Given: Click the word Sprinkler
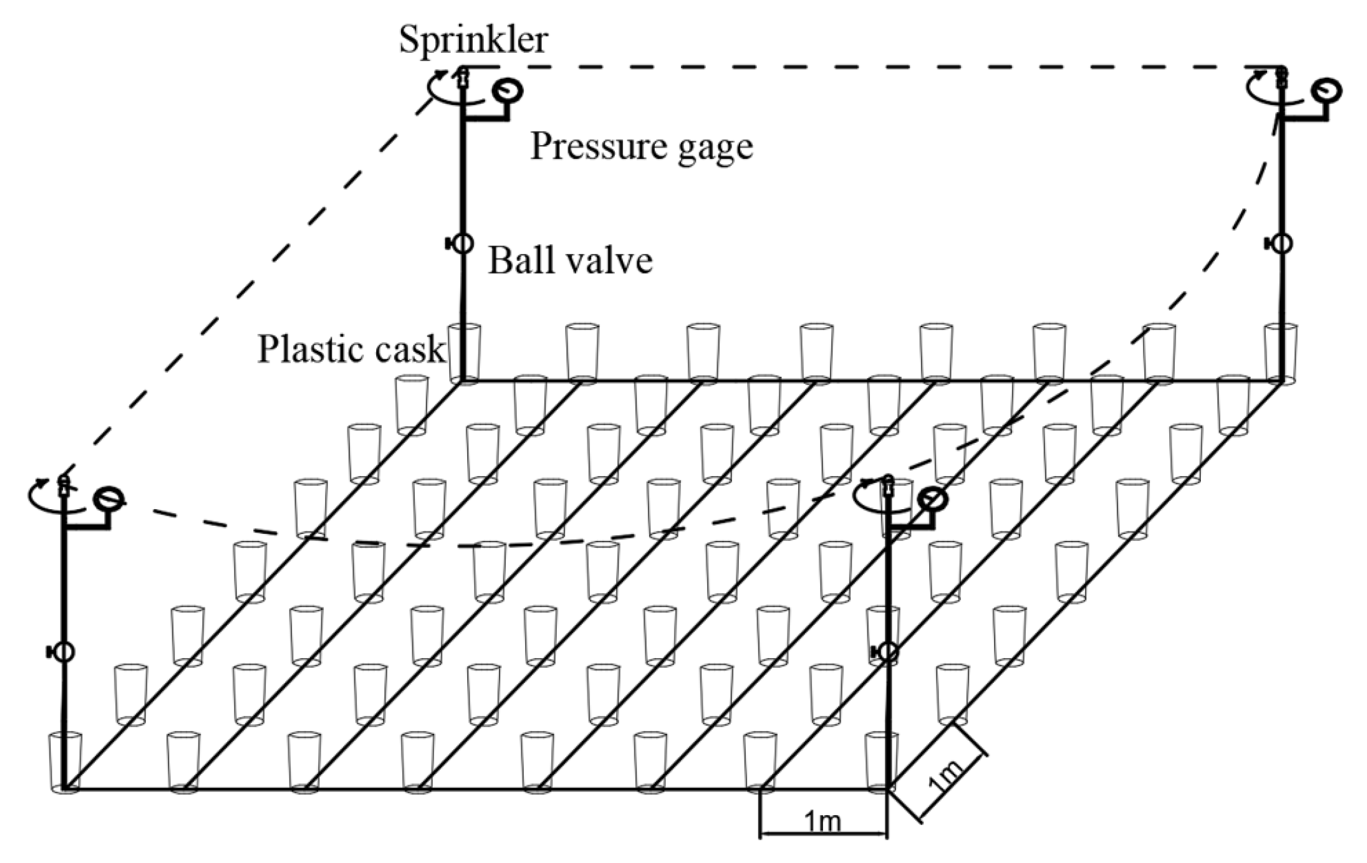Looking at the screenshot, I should coord(473,40).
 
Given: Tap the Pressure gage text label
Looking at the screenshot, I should coord(641,147).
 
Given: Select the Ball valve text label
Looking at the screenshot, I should coord(570,261).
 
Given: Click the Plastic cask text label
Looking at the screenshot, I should coord(351,349).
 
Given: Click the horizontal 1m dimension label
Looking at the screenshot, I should coord(823,822).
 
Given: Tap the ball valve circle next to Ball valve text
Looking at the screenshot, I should coord(463,243).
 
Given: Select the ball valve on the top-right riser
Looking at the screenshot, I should coord(1282,243).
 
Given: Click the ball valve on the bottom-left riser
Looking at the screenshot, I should coord(64,652).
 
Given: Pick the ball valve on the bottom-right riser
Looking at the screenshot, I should coord(888,651).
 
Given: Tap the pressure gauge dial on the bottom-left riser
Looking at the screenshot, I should coord(109,499).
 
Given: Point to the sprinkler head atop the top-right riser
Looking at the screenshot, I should coord(1282,78).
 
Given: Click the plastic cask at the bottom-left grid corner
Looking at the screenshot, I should coord(66,761).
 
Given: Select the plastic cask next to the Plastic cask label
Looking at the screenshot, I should coord(464,353).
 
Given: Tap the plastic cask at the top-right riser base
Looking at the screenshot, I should coord(1280,353).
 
